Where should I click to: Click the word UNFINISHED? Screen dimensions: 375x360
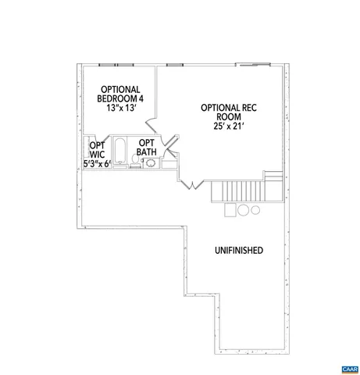(x=237, y=251)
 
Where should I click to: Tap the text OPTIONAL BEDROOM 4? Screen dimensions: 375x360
(x=119, y=94)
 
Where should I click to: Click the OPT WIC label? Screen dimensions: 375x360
(x=97, y=150)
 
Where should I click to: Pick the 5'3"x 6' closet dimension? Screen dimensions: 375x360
(x=98, y=163)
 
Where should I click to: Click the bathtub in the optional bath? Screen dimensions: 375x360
(x=120, y=151)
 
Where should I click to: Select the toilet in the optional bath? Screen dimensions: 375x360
(x=135, y=162)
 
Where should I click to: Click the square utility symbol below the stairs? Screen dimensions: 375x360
(x=230, y=209)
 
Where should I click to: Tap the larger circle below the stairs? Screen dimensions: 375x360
(x=243, y=209)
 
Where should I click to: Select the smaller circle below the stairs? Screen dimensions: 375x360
(x=255, y=209)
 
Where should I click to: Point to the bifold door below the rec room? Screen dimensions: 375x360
(x=192, y=184)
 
